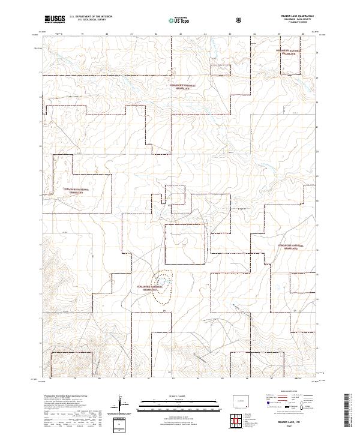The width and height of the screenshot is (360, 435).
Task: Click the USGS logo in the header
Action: click(x=55, y=20)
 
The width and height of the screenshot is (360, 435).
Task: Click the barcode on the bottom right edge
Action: click(x=351, y=413)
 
